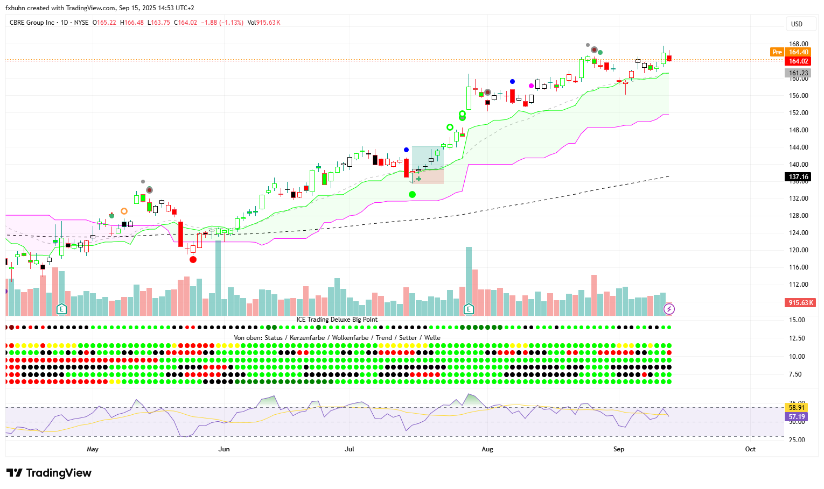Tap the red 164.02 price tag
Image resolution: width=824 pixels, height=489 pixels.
point(798,61)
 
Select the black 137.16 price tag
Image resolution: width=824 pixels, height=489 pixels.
point(798,177)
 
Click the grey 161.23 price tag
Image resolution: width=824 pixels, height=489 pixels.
point(798,73)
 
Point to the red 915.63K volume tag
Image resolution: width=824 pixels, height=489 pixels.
point(801,303)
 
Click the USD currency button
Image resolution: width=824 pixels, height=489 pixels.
point(797,24)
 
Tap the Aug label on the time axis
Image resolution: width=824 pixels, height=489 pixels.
point(487,449)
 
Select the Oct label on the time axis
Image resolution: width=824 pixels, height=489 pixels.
point(750,449)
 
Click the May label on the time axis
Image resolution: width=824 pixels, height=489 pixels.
point(93,449)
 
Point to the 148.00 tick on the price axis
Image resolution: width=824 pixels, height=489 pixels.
point(798,130)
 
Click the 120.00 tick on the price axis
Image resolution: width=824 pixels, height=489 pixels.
point(798,250)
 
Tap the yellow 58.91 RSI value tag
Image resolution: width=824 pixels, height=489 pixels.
point(797,408)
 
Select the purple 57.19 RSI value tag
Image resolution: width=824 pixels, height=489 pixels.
point(797,417)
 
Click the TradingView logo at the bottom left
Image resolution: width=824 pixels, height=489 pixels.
point(49,473)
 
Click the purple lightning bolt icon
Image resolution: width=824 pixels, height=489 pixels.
point(669,309)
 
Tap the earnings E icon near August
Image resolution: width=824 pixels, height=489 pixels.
point(469,309)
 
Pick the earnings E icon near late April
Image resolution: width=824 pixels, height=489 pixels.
point(61,309)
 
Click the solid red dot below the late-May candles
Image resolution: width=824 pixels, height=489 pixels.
point(193,260)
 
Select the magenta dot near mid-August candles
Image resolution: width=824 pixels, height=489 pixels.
point(531,86)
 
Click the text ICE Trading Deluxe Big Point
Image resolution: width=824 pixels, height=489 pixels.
point(337,320)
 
